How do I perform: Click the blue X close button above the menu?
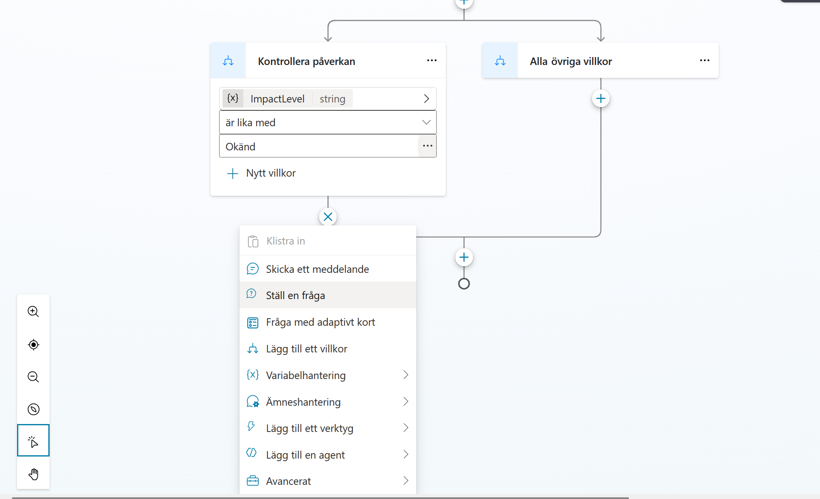[x=328, y=217]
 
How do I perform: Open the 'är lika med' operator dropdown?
[x=328, y=122]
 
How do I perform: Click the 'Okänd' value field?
[x=319, y=146]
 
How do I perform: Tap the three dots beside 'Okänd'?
[x=427, y=146]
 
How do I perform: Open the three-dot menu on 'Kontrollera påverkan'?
[x=432, y=60]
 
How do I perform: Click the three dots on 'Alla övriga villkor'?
[x=705, y=60]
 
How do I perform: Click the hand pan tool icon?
[x=33, y=474]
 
